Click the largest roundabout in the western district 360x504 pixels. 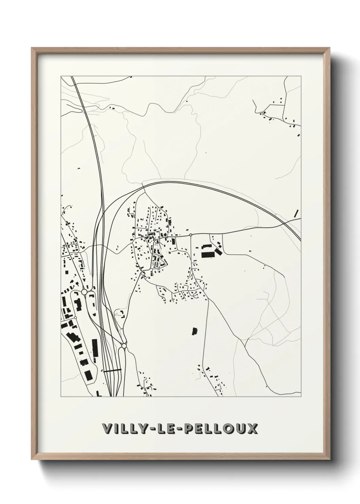(84, 292)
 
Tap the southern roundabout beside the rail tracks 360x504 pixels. (124, 346)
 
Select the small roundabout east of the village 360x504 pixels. (191, 235)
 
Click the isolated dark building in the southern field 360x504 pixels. (195, 331)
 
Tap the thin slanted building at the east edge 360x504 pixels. (296, 213)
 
